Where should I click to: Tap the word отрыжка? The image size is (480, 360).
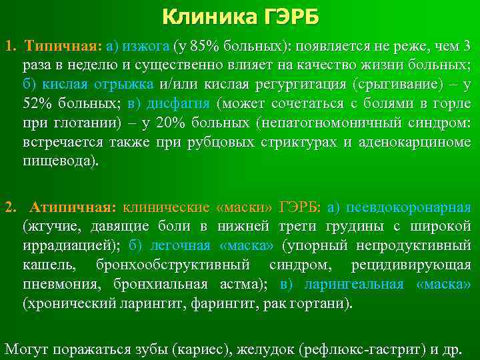click(127, 85)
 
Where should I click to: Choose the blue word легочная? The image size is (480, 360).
click(180, 245)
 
